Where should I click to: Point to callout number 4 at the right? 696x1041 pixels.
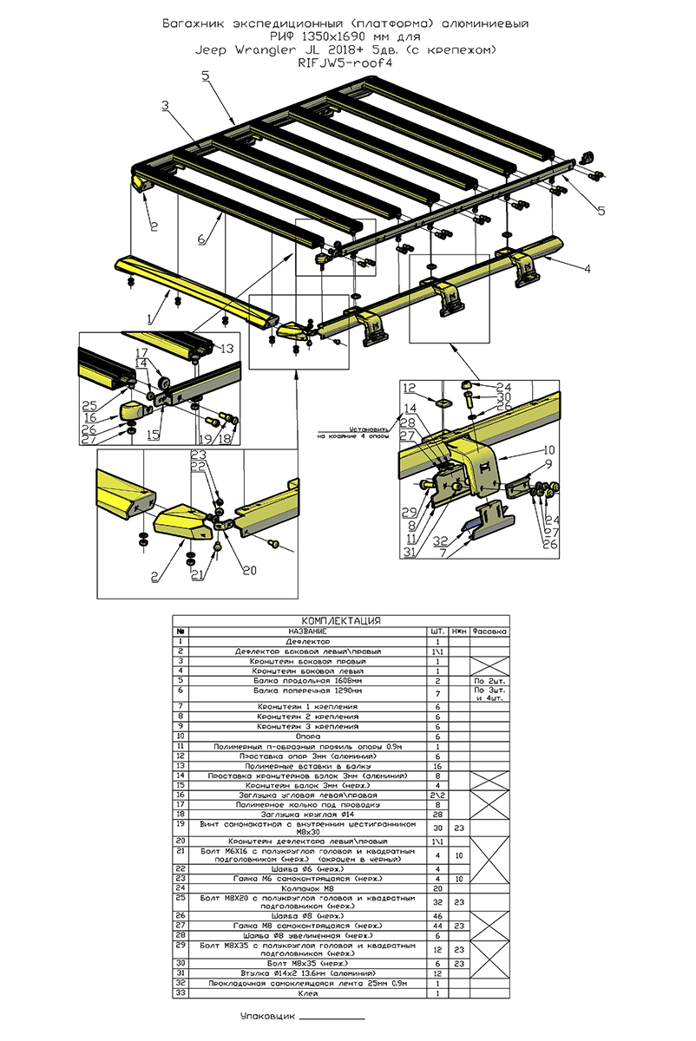(588, 270)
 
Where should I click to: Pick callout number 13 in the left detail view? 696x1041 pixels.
(227, 349)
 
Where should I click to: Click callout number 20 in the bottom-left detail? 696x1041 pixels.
(251, 570)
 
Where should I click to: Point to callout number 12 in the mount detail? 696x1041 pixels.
(410, 388)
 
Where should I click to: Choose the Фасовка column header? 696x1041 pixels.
(490, 632)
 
